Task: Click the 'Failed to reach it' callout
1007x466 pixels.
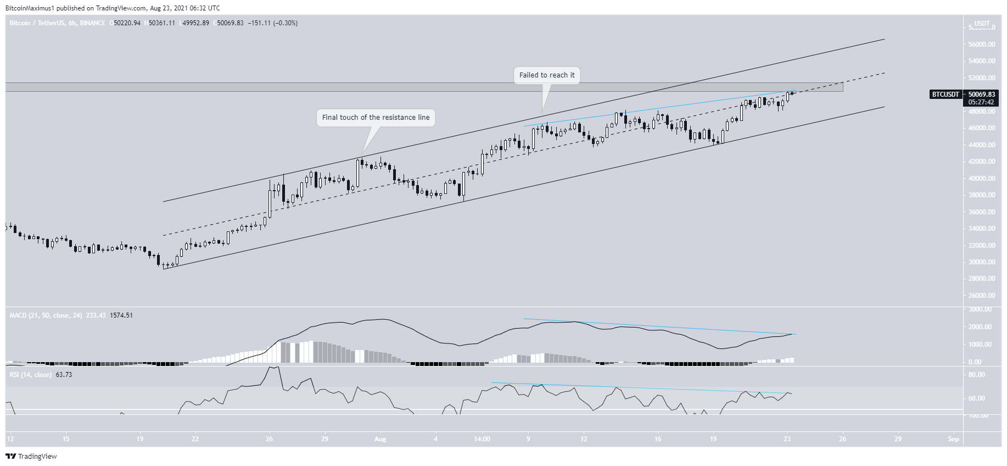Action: coord(547,75)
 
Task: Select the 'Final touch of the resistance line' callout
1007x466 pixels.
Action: coord(376,118)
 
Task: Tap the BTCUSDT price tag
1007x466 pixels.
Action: coord(945,95)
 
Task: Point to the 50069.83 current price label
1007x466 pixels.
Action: coord(981,95)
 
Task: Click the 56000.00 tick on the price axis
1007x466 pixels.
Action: coord(982,45)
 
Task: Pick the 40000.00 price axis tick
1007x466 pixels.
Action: coord(982,179)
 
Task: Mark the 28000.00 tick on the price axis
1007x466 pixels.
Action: coord(982,279)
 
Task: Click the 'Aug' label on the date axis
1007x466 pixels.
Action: coord(380,439)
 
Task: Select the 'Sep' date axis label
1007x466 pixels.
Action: coord(953,439)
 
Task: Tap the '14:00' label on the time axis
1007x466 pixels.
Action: coord(482,439)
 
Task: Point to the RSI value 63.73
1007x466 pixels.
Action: coord(64,375)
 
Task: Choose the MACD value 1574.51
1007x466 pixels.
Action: coord(121,315)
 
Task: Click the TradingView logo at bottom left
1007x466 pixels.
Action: coord(31,456)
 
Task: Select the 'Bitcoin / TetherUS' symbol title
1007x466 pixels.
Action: coord(36,23)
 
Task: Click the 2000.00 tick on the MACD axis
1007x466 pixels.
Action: coord(980,327)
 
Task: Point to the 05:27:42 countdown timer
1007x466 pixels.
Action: coord(981,102)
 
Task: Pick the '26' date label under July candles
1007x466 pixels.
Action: coord(269,439)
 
